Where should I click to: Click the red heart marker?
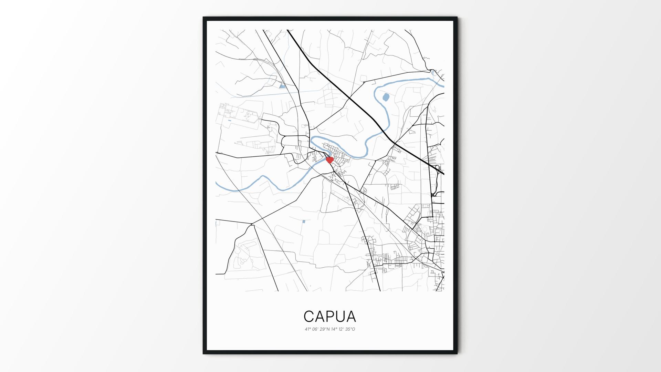[329, 160]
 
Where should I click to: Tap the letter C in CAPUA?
[309, 316]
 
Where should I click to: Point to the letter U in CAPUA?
[340, 316]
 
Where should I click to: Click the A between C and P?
[319, 316]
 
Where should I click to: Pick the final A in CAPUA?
[351, 316]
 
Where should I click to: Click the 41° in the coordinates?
[307, 329]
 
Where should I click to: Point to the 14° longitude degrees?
[333, 329]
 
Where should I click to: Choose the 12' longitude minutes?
[341, 329]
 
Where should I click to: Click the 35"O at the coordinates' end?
[350, 329]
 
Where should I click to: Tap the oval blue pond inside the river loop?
[386, 97]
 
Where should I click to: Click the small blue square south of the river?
[303, 221]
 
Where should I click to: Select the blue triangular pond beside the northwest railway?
[282, 86]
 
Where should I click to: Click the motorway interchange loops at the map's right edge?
[438, 169]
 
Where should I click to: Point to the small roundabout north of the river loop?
[364, 82]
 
